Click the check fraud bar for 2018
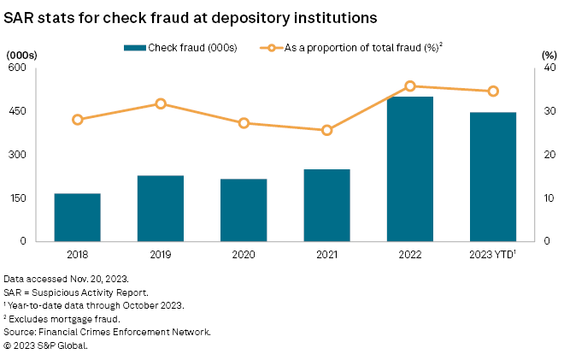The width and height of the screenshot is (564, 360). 78,217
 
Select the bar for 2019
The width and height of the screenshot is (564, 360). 161,209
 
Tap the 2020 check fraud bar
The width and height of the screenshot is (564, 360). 244,210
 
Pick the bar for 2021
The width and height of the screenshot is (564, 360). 326,205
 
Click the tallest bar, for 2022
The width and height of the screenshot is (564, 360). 409,169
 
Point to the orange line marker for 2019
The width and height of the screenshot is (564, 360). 161,104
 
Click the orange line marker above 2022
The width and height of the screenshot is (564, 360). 409,86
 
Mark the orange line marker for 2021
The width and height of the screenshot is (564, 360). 326,130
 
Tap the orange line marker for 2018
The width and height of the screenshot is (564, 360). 78,120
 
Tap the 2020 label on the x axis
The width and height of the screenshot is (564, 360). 244,254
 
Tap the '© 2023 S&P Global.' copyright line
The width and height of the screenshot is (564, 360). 46,345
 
